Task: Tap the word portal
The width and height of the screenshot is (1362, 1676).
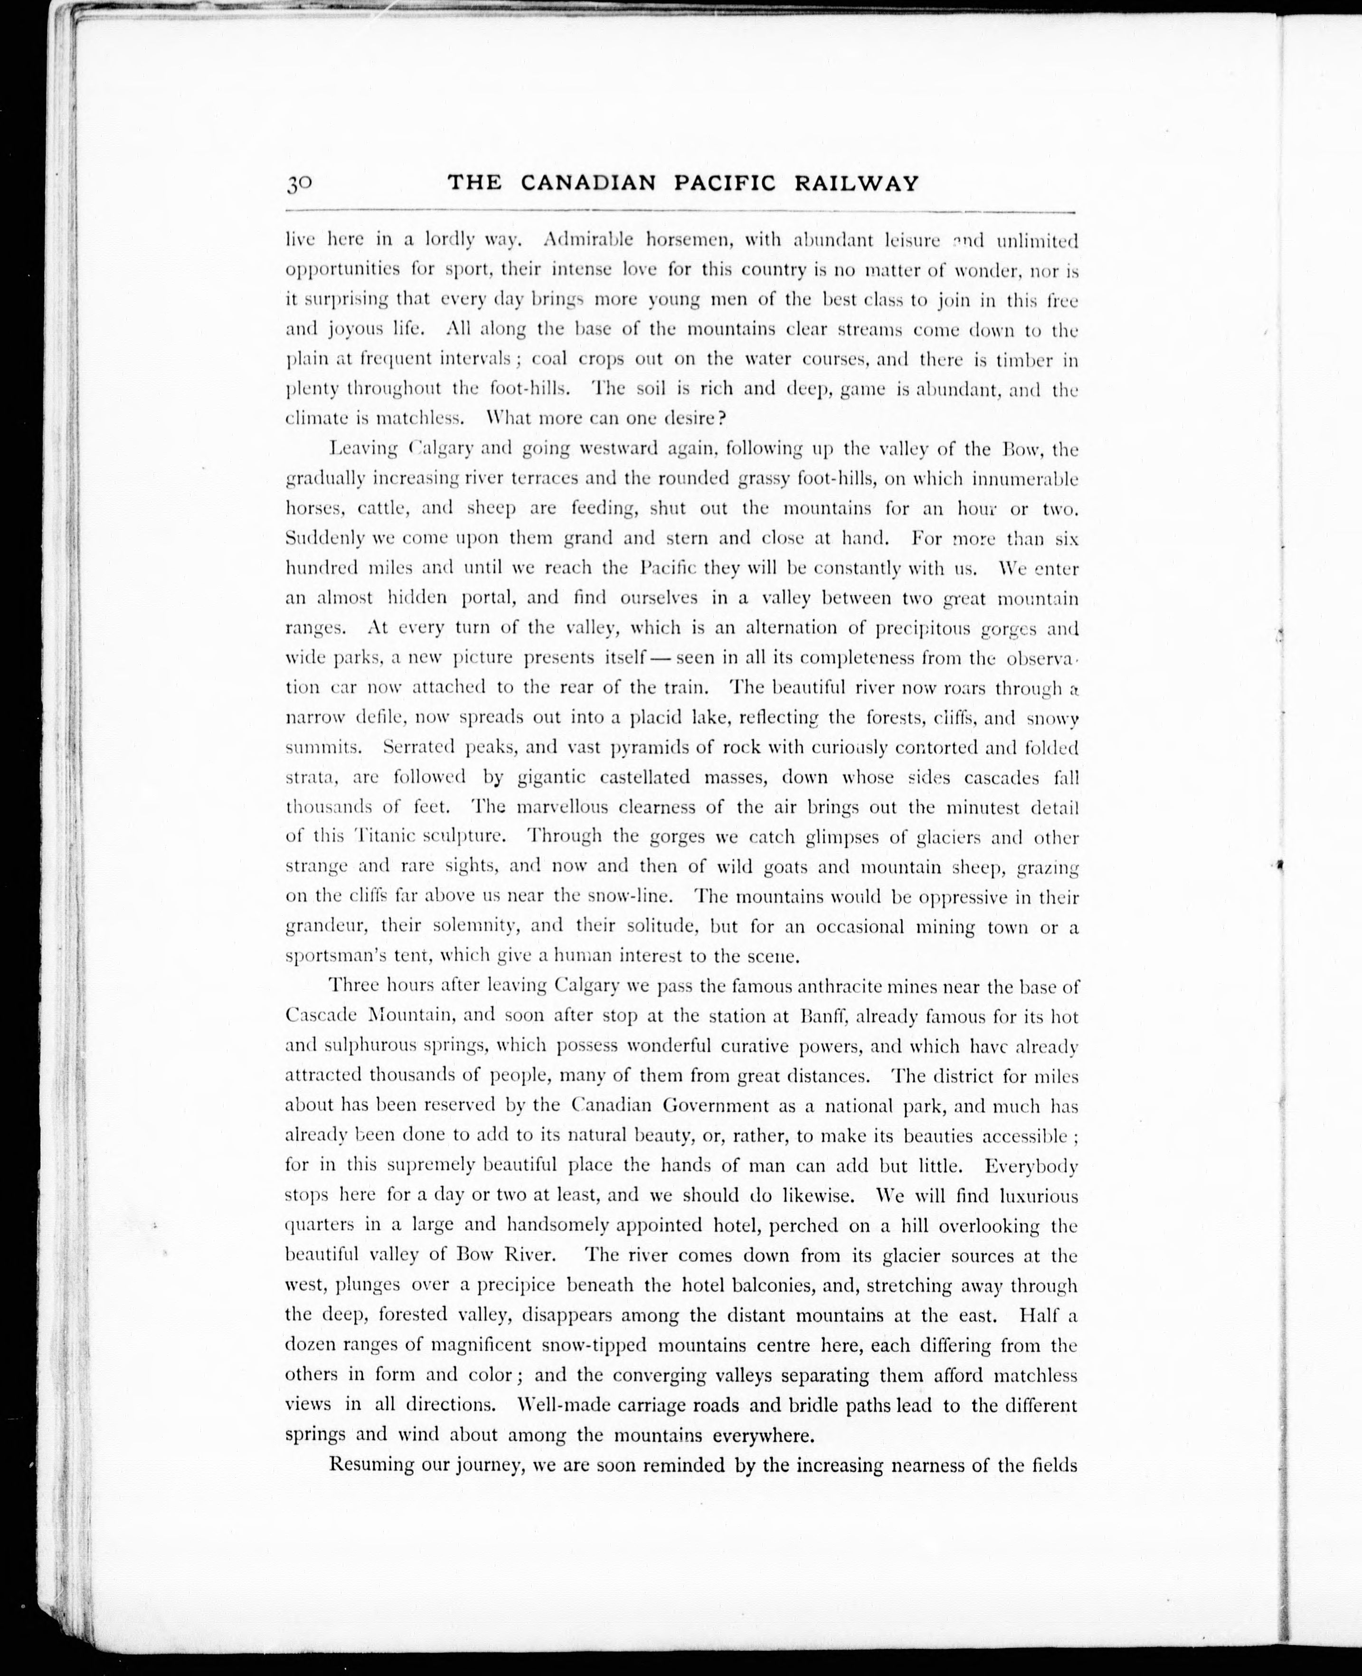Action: pos(488,598)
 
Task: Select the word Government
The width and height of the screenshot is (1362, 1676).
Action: pos(716,1106)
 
